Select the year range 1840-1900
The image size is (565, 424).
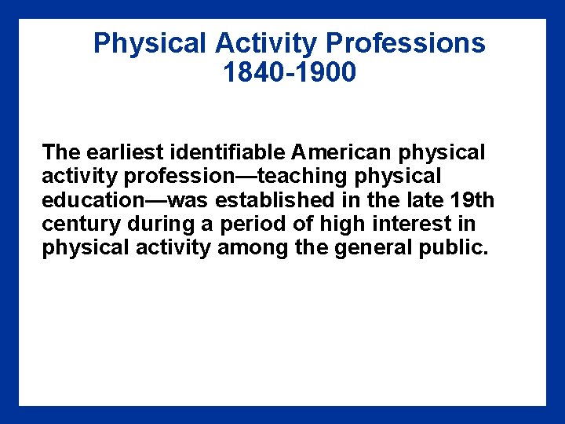pyautogui.click(x=290, y=73)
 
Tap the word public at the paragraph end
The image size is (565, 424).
pyautogui.click(x=454, y=248)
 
